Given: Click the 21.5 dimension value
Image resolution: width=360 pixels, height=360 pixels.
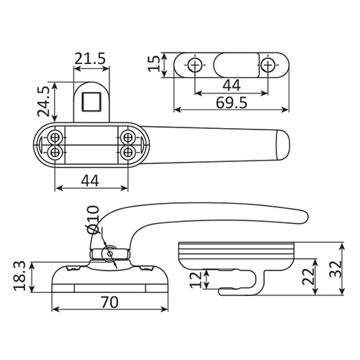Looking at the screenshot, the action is [x=90, y=58].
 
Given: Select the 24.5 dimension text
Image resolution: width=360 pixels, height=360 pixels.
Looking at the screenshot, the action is [x=43, y=102].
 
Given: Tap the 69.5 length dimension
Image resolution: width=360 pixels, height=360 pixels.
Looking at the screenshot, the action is [x=231, y=103].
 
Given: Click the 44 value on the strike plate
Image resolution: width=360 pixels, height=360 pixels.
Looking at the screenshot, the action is [x=231, y=85].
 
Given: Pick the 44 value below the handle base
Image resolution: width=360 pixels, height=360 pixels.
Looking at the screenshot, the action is [x=90, y=181].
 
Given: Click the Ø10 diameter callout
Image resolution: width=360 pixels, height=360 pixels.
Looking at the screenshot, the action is [x=92, y=220].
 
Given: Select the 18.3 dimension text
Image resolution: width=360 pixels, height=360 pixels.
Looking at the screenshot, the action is [x=19, y=276].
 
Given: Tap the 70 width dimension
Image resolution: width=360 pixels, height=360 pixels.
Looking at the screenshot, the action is [x=109, y=302].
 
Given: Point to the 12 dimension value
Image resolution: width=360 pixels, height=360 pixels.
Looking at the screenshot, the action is [x=196, y=280].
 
